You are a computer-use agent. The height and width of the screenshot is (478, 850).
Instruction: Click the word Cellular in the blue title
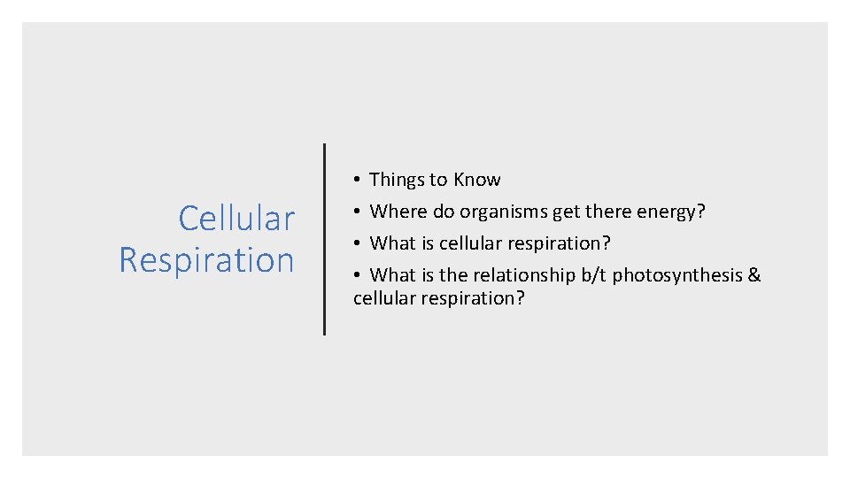click(236, 218)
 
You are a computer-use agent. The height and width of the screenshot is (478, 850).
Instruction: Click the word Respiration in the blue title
click(206, 260)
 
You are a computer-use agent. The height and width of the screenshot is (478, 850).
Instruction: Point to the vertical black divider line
click(324, 239)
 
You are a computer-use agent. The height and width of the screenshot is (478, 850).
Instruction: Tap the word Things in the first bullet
click(397, 180)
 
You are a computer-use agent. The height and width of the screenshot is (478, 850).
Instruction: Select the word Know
click(477, 180)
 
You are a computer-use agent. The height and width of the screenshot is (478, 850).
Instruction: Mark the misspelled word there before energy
click(608, 212)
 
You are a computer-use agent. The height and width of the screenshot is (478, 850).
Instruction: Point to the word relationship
click(523, 274)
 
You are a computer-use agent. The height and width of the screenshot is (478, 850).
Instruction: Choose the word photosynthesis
click(677, 275)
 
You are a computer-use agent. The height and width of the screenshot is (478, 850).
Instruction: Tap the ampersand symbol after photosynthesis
click(754, 274)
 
